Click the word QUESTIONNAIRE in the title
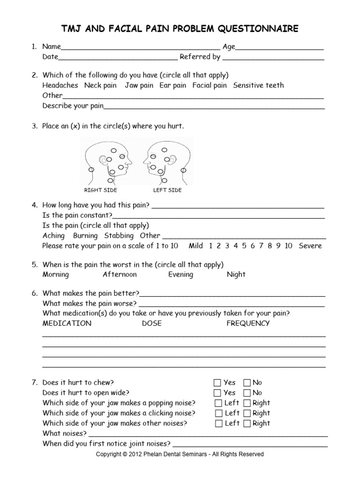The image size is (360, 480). (x=257, y=30)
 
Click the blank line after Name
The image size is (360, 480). (x=141, y=48)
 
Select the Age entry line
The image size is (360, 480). (x=280, y=48)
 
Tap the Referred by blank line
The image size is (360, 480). (x=273, y=58)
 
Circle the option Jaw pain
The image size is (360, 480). (x=139, y=85)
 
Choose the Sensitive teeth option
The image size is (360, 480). (x=258, y=85)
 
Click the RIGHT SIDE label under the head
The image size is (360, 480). (x=100, y=190)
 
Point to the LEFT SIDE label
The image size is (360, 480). (x=167, y=190)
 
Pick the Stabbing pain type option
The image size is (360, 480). (x=119, y=236)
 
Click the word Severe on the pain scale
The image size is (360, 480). (x=310, y=246)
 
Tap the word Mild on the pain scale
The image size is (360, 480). (x=196, y=246)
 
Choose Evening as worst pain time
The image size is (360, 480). (x=180, y=275)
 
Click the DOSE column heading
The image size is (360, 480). (x=152, y=323)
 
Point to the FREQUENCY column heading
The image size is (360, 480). (x=248, y=323)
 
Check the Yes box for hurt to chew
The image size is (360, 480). (x=217, y=382)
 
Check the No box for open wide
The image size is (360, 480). (x=247, y=393)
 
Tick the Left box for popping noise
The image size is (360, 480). (x=218, y=403)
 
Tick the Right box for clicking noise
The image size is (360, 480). (x=247, y=413)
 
